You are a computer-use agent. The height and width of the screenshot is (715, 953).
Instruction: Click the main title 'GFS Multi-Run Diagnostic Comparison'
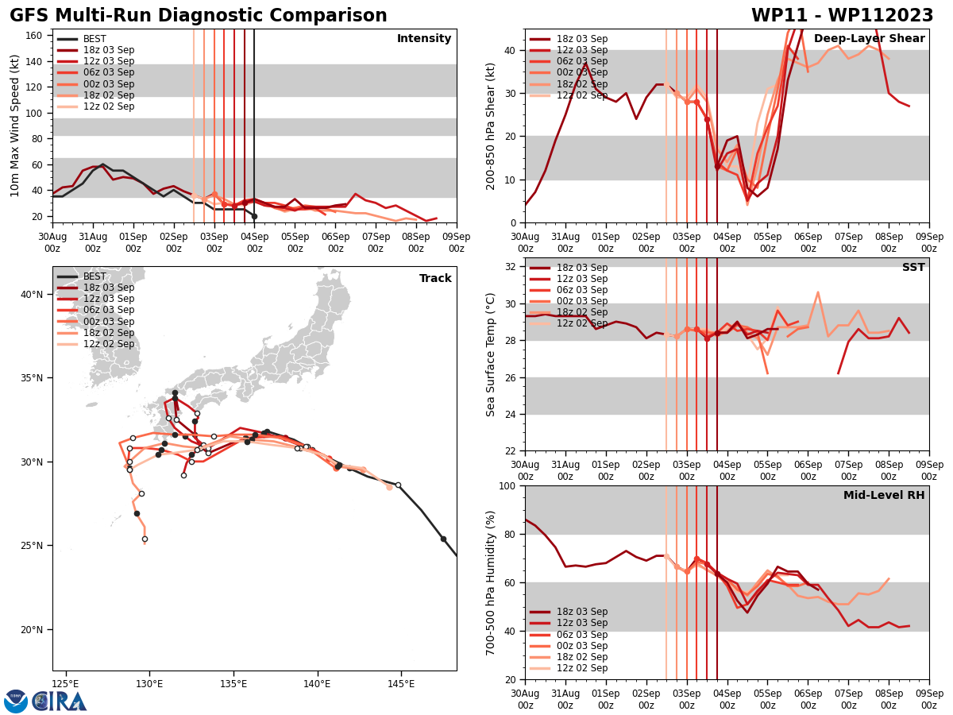click(x=199, y=16)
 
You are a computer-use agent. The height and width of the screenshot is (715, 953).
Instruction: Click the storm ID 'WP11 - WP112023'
click(x=842, y=16)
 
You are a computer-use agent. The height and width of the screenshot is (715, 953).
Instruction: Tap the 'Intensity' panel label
click(x=424, y=39)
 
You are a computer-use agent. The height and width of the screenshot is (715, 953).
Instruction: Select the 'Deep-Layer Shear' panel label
click(x=869, y=39)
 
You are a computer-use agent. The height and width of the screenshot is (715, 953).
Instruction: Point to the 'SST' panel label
click(x=913, y=268)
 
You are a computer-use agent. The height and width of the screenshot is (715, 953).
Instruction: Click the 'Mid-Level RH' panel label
click(x=884, y=496)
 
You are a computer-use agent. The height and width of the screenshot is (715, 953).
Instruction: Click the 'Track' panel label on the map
click(x=435, y=279)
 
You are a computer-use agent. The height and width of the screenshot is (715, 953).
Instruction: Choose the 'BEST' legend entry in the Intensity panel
click(x=95, y=39)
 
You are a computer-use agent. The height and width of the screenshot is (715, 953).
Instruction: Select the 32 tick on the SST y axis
click(x=511, y=267)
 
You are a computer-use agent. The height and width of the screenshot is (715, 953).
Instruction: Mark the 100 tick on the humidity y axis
click(x=508, y=485)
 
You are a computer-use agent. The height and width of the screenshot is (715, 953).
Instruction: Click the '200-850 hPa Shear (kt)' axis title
click(x=492, y=126)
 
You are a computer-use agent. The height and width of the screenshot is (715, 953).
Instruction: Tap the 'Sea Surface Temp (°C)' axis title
click(x=492, y=354)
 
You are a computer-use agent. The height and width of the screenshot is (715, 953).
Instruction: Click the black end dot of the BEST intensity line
click(x=254, y=216)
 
